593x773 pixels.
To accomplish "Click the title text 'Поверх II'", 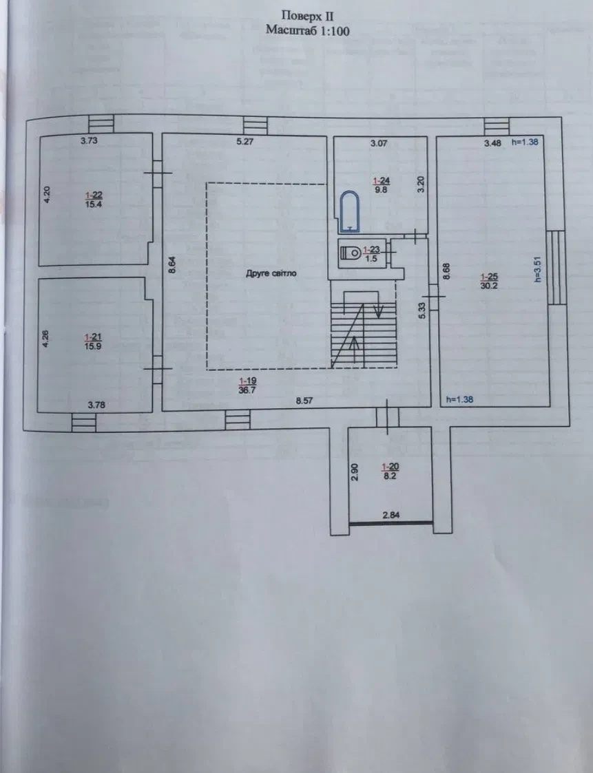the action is click(307, 17).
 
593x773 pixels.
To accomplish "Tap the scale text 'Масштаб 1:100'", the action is click(307, 30).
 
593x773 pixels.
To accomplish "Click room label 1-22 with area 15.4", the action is click(93, 200).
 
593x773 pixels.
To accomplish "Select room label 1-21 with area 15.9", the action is click(93, 341).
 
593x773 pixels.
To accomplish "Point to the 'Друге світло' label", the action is click(271, 273).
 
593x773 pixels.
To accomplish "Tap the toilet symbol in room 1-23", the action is click(350, 253).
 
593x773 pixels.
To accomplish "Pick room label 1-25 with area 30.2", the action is click(489, 281).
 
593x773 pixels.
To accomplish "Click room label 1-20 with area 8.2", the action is click(390, 471).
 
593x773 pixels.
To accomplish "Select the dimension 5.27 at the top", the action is click(245, 142).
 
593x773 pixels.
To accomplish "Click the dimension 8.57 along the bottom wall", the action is click(304, 401).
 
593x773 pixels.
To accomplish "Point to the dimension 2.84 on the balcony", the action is click(391, 515).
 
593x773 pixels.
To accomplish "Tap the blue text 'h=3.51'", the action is click(538, 269).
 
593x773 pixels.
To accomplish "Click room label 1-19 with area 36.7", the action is click(247, 385).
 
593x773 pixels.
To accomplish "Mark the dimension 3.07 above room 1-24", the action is click(379, 143).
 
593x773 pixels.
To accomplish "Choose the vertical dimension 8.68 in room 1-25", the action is click(446, 272).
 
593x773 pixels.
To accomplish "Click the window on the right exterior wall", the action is click(556, 268).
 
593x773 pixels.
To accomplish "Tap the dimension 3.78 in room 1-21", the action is click(96, 405).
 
